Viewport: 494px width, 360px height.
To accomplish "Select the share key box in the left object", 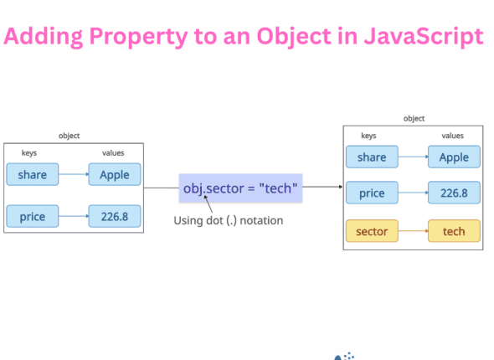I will pos(33,175).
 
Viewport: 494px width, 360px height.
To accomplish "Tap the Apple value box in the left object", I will pos(115,175).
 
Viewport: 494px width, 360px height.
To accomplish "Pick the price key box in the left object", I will pos(33,217).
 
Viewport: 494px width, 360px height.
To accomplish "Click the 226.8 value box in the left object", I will pos(115,217).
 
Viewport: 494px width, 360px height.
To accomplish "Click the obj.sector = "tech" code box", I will pos(241,188).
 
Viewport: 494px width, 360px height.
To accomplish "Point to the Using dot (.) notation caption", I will pos(228,221).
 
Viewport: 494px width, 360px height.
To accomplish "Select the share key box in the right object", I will pos(372,157).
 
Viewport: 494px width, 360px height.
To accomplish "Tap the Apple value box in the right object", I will pos(454,157).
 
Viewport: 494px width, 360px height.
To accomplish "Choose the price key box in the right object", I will pos(372,193).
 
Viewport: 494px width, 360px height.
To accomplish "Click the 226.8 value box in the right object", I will pos(454,193).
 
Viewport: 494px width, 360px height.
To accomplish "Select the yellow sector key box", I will pos(372,230).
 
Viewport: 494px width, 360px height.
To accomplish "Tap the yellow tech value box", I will pos(454,230).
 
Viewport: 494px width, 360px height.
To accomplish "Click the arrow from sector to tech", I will pos(413,230).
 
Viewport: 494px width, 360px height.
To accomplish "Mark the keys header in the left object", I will pos(29,153).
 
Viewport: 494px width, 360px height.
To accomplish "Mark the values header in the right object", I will pos(452,135).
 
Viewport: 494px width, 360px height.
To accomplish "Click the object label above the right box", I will pos(414,119).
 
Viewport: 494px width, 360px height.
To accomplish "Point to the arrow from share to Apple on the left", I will pos(74,175).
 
